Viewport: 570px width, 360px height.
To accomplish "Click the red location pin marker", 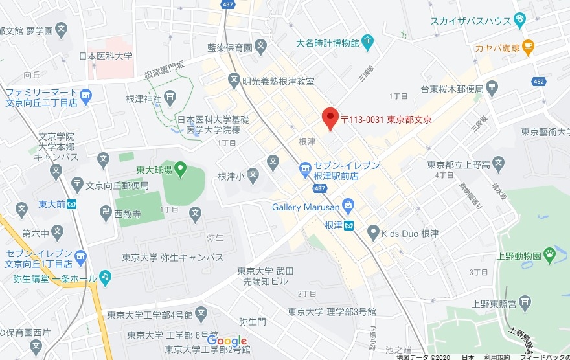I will click(330, 118).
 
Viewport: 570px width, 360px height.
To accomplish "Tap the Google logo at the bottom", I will click(227, 341).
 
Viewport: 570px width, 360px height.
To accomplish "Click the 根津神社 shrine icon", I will click(170, 98).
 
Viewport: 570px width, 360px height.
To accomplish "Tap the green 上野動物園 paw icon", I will click(551, 254).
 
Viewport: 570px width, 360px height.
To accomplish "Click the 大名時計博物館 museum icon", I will click(368, 43).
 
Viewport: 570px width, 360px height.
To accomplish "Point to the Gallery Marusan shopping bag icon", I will click(348, 207).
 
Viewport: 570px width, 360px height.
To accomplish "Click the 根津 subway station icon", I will click(349, 226).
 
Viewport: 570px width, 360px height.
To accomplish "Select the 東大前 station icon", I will click(72, 205).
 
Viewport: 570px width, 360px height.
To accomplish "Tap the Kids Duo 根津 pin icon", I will click(372, 232).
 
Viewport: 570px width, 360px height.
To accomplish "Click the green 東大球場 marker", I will click(180, 170).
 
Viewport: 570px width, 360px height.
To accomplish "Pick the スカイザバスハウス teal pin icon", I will click(519, 20).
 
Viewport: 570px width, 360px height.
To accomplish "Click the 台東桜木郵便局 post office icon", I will click(492, 88).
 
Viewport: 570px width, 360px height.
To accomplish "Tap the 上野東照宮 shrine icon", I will click(525, 300).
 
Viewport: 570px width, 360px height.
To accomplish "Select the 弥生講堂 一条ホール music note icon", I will click(105, 277).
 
